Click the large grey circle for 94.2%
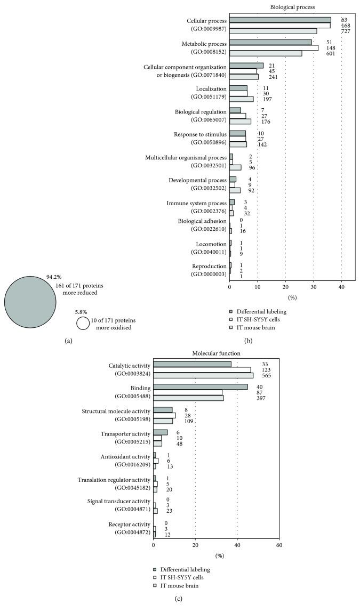pos(30,302)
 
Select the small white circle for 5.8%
pos(83,323)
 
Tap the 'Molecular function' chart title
pos(216,353)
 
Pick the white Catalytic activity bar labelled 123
pos(202,369)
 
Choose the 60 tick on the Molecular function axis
pos(279,545)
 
